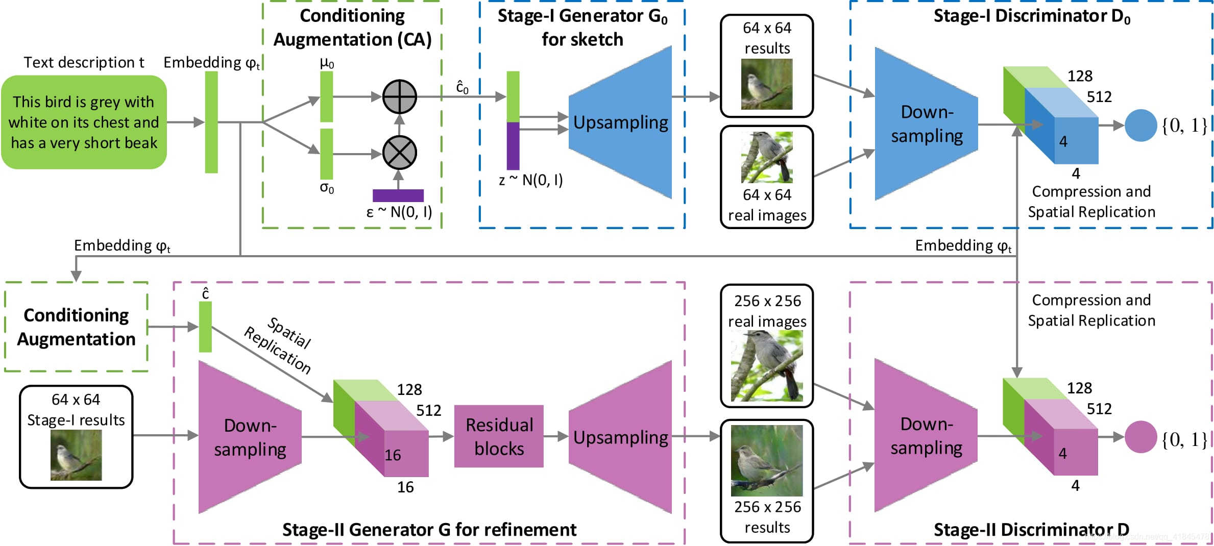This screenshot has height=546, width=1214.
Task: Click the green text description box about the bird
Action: pyautogui.click(x=84, y=122)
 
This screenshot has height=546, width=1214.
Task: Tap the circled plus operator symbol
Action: pyautogui.click(x=400, y=96)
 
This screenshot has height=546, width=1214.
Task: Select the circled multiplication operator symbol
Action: pyautogui.click(x=400, y=153)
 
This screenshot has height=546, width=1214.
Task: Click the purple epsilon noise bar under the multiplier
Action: pyautogui.click(x=398, y=195)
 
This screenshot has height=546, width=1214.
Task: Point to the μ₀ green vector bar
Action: pyautogui.click(x=327, y=96)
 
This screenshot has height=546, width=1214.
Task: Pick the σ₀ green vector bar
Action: pyautogui.click(x=327, y=154)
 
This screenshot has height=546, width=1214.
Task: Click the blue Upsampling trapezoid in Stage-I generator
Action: pyautogui.click(x=621, y=122)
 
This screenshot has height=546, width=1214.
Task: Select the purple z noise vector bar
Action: pyautogui.click(x=513, y=146)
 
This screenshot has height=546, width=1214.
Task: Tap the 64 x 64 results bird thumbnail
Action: pyautogui.click(x=766, y=84)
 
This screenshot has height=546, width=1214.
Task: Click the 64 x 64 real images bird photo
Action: pyautogui.click(x=766, y=157)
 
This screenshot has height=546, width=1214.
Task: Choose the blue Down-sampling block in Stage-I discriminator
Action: pyautogui.click(x=926, y=124)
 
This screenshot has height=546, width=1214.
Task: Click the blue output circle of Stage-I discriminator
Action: pyautogui.click(x=1140, y=125)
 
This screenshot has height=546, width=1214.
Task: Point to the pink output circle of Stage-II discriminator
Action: pyautogui.click(x=1140, y=437)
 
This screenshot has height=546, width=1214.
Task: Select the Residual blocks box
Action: pyautogui.click(x=499, y=436)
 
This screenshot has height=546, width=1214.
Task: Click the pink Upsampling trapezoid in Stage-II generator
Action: pyautogui.click(x=621, y=437)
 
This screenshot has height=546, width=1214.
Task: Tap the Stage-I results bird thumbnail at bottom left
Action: pyautogui.click(x=76, y=455)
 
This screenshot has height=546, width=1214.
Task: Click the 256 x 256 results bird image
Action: pyautogui.click(x=766, y=461)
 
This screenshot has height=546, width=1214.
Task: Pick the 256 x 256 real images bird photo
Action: pyautogui.click(x=766, y=366)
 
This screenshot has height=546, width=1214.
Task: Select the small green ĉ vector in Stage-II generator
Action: pyautogui.click(x=205, y=327)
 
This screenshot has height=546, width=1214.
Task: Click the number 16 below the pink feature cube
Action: pyautogui.click(x=405, y=487)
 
